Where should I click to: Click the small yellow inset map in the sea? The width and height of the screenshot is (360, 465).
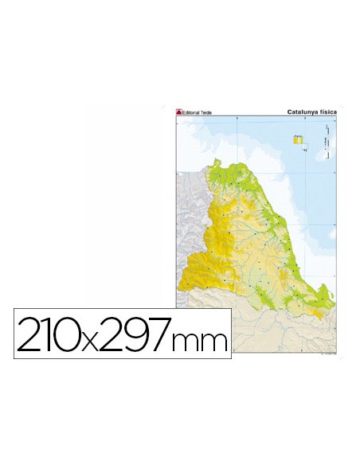pos(299,140)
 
